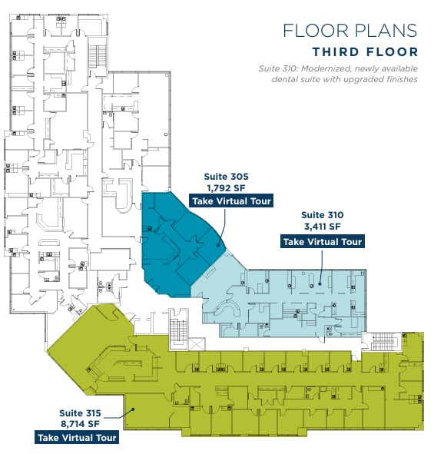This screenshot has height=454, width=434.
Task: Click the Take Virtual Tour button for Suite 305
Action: point(231,201)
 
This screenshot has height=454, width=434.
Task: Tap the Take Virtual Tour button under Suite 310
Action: point(323,242)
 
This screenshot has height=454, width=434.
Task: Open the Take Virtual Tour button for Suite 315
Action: point(77,437)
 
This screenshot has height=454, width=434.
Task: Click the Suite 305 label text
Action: point(226,177)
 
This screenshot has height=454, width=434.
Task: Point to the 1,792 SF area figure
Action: point(226,188)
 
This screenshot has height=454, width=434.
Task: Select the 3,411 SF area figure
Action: point(323,227)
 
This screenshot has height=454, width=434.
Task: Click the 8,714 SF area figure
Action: point(80,424)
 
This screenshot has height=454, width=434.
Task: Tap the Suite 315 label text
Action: point(80,413)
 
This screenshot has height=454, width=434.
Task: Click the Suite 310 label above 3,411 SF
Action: point(323,215)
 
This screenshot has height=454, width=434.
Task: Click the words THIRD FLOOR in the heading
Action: point(365,52)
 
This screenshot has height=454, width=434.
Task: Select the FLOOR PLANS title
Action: point(350,31)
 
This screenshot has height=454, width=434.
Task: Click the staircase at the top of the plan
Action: point(98,56)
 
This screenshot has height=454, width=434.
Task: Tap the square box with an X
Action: point(197,344)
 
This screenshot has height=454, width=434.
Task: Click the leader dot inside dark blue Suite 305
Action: point(219,245)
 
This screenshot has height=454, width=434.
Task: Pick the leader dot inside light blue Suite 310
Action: point(320,283)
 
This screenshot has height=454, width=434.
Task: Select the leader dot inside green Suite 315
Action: point(133,409)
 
